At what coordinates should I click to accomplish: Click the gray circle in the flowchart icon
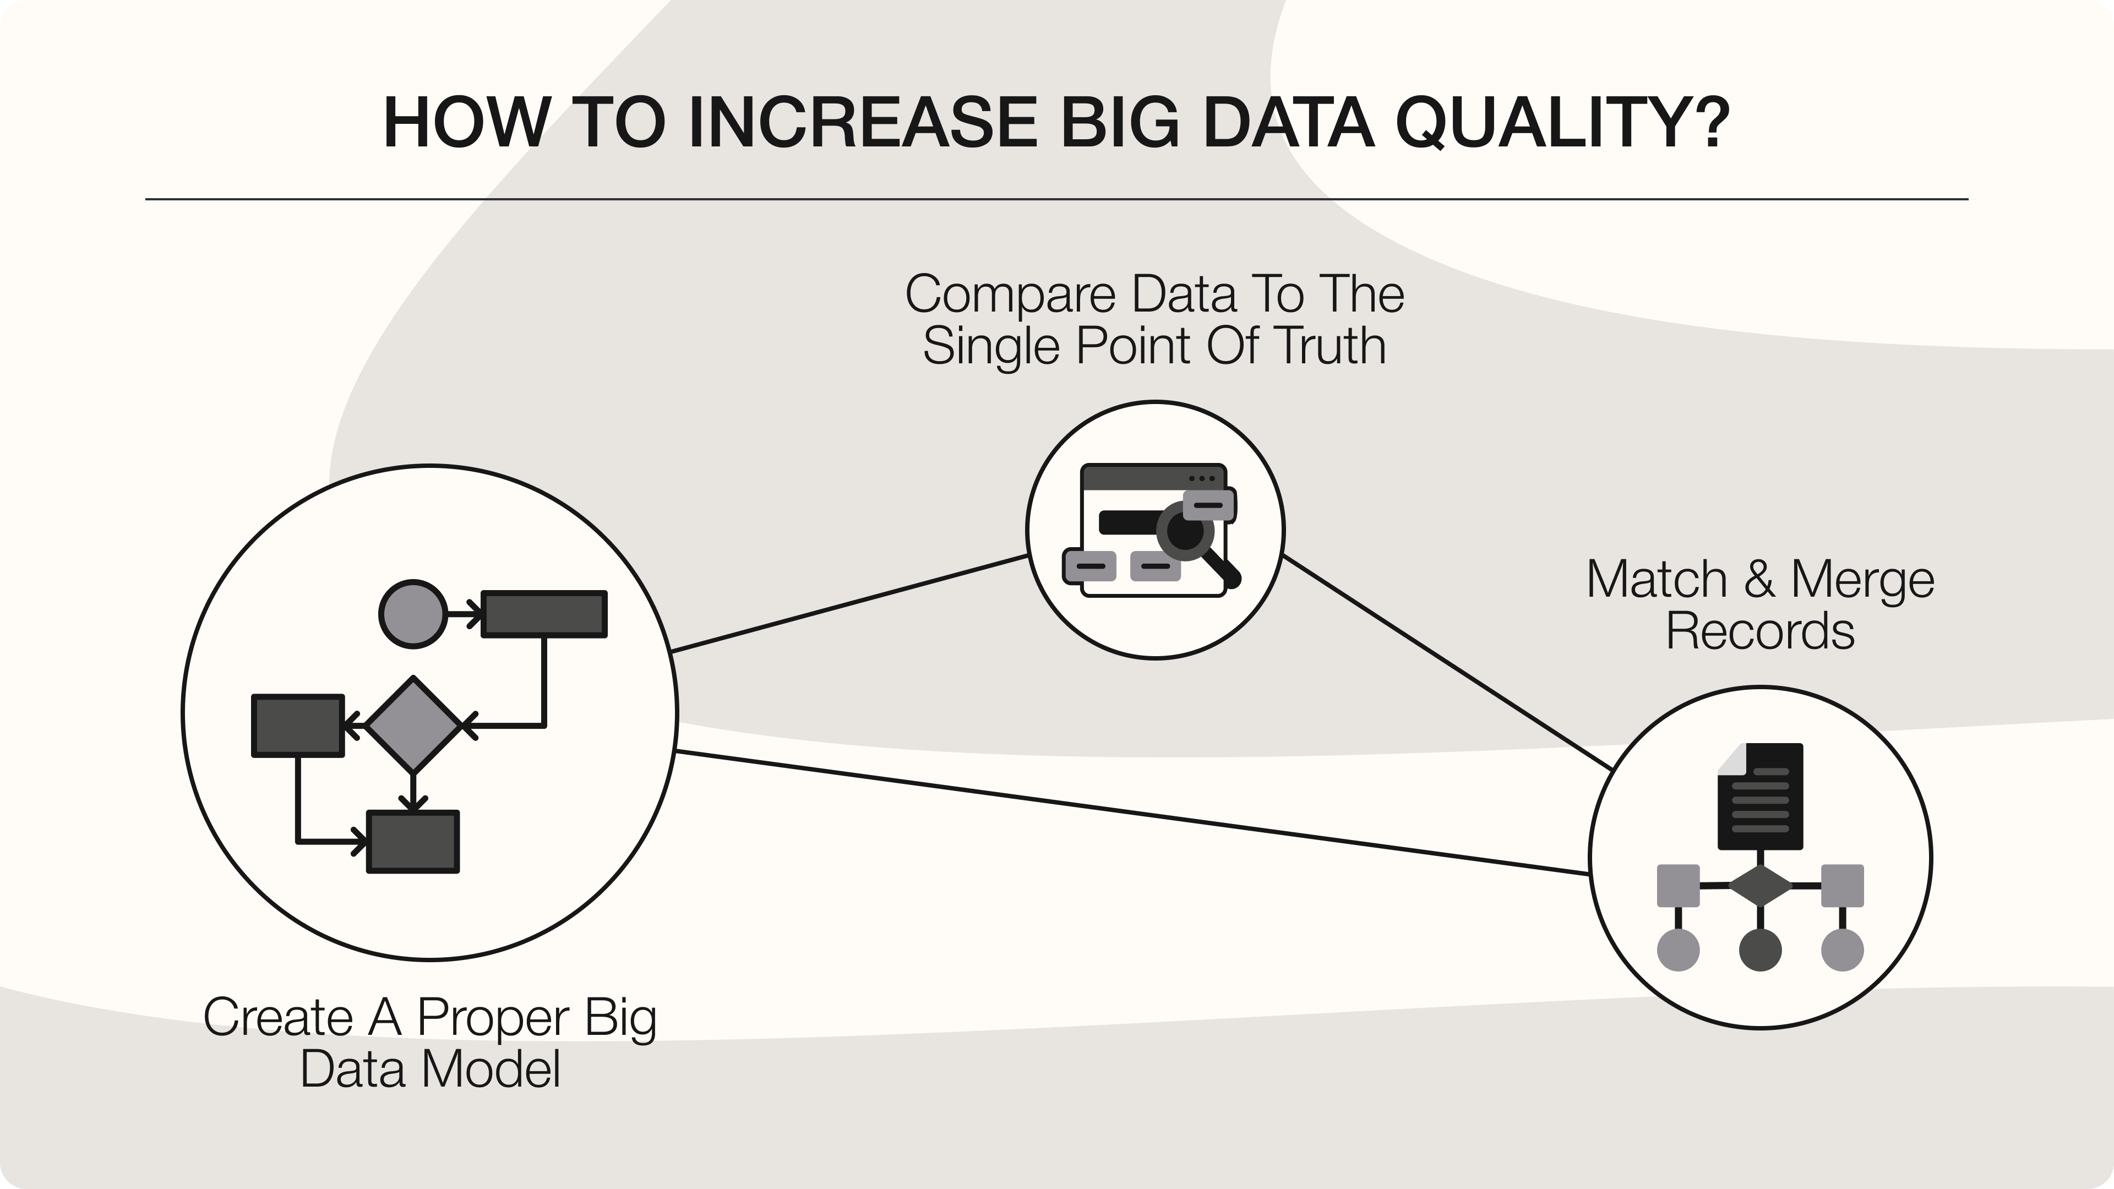coord(413,614)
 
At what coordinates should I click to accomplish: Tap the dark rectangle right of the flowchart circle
coord(544,614)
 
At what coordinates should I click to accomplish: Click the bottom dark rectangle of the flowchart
coord(413,842)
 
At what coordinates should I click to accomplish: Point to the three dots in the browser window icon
coord(1202,478)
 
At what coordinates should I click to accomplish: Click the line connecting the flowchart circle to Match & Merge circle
coord(1132,812)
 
